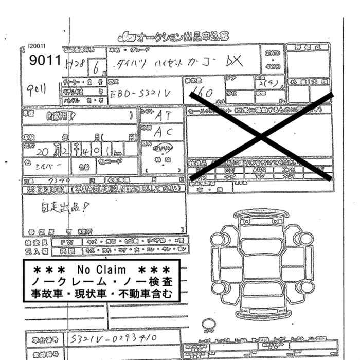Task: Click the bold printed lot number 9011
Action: tap(45, 61)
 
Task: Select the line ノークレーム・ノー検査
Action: tap(102, 282)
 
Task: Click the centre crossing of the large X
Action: tap(262, 136)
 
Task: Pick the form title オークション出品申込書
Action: tap(175, 37)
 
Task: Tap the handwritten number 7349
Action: tap(56, 181)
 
